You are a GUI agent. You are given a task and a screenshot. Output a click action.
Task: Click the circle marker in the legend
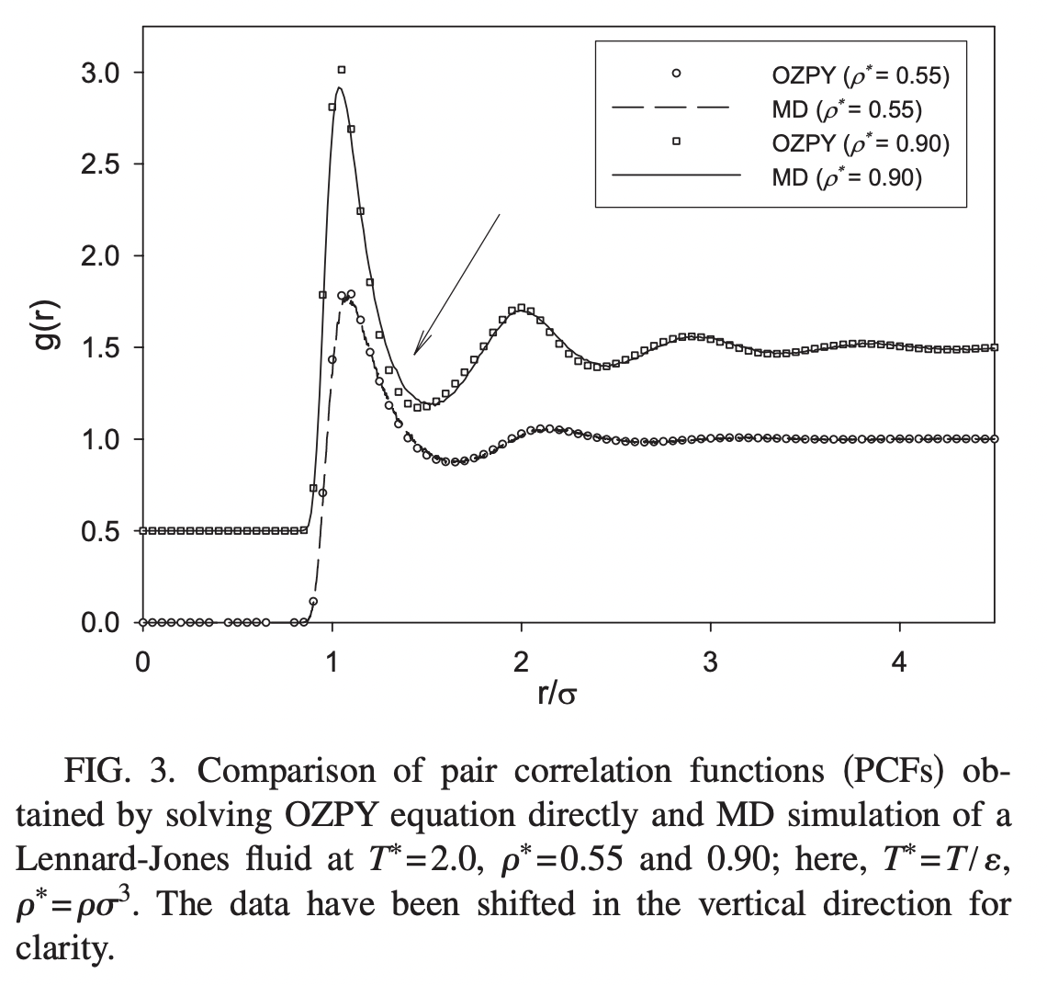tap(676, 74)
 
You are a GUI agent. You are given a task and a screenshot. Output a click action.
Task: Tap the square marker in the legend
tap(676, 141)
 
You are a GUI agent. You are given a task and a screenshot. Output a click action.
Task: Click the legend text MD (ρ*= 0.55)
tap(846, 108)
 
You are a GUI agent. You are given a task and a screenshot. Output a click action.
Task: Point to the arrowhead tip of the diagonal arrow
tap(414, 355)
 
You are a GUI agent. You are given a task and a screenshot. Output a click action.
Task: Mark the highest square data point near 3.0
tap(342, 70)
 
